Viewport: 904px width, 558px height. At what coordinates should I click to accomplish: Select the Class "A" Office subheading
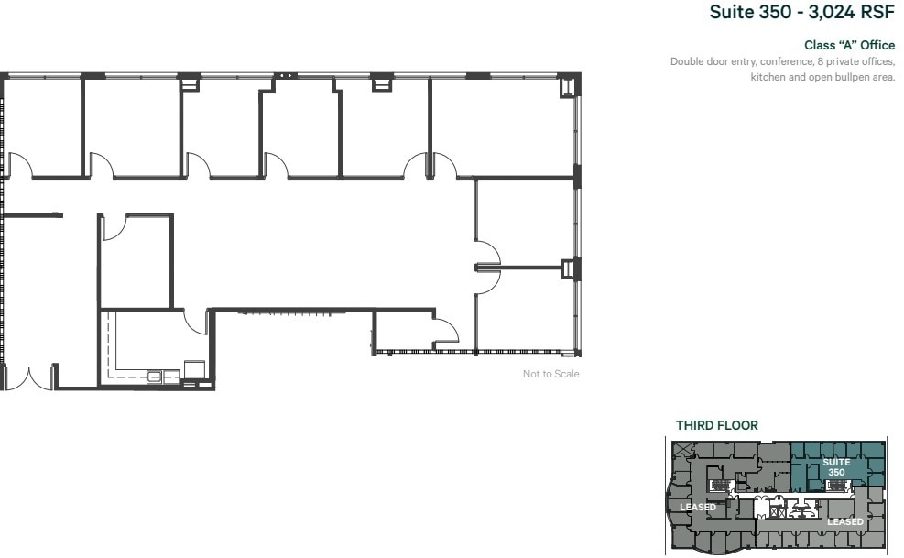pos(849,45)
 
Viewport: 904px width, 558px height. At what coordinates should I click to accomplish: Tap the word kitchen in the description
pos(767,77)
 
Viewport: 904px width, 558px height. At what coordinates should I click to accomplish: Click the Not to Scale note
pos(550,374)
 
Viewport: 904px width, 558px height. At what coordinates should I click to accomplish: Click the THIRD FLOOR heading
pos(716,425)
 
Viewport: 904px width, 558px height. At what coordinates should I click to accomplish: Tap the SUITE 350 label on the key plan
pos(836,466)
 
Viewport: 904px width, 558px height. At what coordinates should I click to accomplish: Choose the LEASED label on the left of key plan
pos(697,507)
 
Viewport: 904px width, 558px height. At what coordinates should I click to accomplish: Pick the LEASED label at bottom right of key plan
pos(844,521)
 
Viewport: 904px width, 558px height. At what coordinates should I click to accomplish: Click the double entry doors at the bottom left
pos(29,377)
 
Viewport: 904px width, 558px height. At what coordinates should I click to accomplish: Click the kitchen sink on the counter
pos(155,375)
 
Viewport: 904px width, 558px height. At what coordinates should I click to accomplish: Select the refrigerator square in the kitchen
pos(195,368)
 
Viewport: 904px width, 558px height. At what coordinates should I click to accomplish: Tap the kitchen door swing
pos(195,321)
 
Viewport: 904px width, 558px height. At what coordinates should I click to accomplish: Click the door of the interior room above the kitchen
pos(114,227)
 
